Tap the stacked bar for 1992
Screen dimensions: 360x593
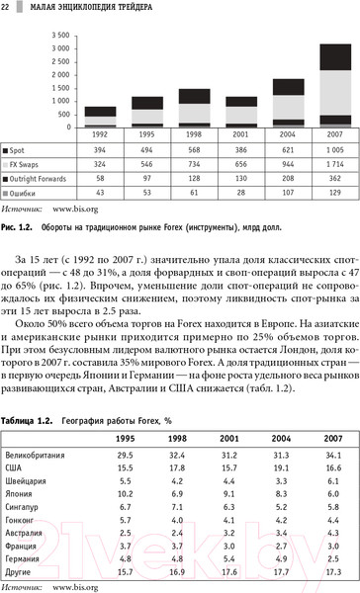pyautogui.click(x=100, y=117)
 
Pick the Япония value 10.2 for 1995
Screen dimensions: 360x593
pyautogui.click(x=125, y=466)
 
